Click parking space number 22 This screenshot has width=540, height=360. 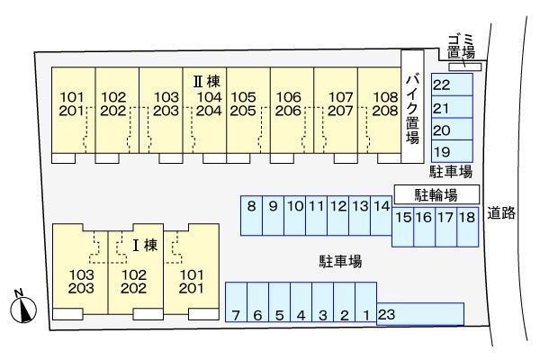[x=451, y=85]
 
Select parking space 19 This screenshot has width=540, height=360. [x=451, y=151]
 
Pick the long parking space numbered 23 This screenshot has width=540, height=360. [x=419, y=314]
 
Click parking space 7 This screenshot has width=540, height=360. [x=235, y=307]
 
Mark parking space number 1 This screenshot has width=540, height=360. [x=366, y=307]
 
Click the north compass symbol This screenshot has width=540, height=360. [x=22, y=309]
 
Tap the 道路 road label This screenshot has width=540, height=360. [x=501, y=214]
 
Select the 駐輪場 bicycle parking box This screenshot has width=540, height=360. [x=436, y=194]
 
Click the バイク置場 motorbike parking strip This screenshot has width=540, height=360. [x=411, y=106]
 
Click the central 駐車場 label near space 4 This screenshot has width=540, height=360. [x=340, y=262]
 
